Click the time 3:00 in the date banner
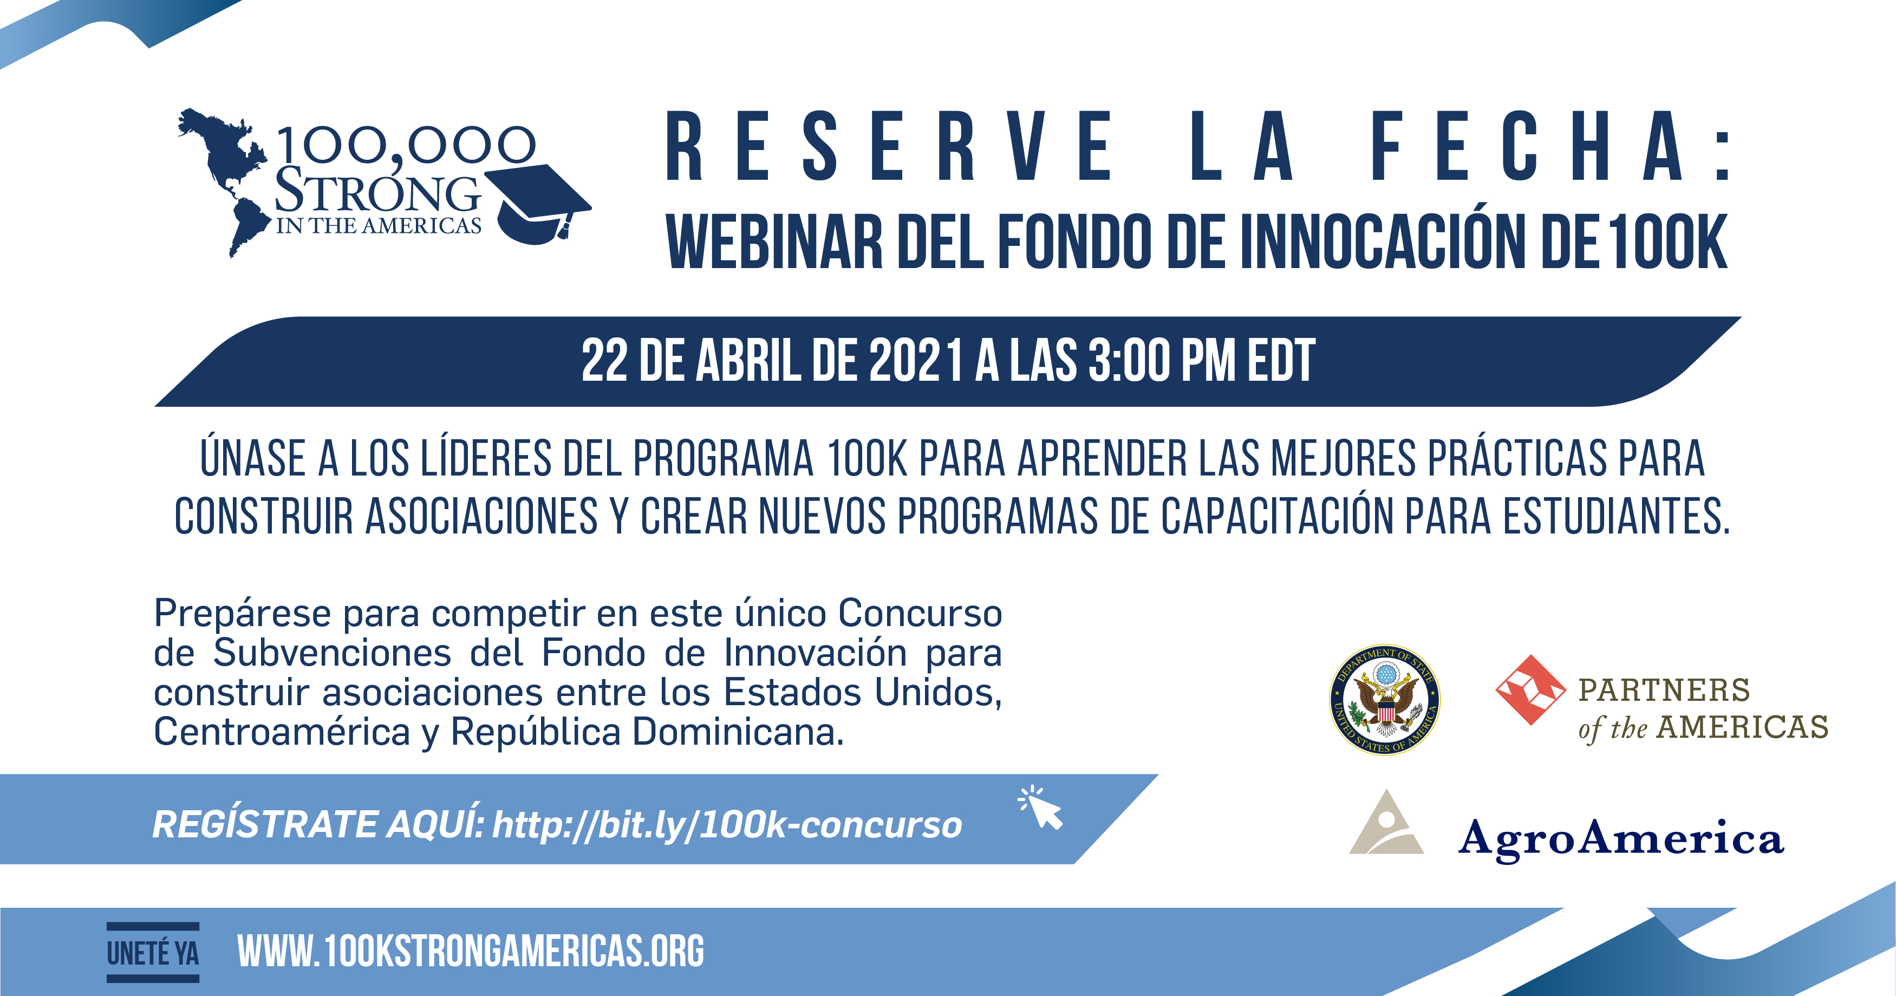tap(1129, 361)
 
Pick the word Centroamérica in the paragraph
tap(282, 732)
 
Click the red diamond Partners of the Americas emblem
tap(1531, 690)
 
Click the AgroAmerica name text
tap(1621, 839)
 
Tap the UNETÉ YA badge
tap(153, 953)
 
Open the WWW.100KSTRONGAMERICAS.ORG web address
tap(471, 951)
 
